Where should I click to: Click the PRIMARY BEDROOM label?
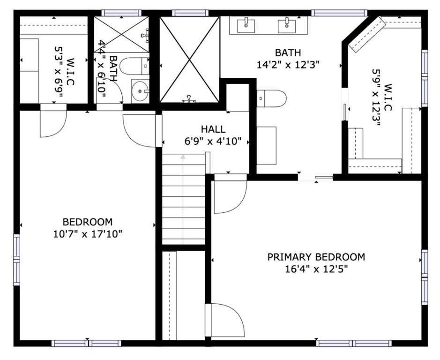(x=316, y=257)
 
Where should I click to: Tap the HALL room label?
(x=213, y=129)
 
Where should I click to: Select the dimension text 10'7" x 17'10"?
(x=88, y=234)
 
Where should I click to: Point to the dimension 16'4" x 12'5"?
(x=316, y=270)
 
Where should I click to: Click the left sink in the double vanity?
(x=246, y=25)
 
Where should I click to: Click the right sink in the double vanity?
(x=287, y=25)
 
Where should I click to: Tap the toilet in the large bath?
(x=271, y=98)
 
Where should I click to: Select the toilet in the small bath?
(x=134, y=66)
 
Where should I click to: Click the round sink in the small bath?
(x=140, y=90)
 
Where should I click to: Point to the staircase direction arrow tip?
(x=183, y=157)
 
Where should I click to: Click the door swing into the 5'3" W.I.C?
(x=53, y=121)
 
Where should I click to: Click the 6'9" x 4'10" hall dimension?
(x=213, y=141)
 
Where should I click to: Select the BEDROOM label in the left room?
(x=88, y=222)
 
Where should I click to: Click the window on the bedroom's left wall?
(x=17, y=260)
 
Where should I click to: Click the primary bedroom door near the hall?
(x=231, y=194)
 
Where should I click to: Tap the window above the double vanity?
(x=339, y=13)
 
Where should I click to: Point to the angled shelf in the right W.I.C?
(x=367, y=34)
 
